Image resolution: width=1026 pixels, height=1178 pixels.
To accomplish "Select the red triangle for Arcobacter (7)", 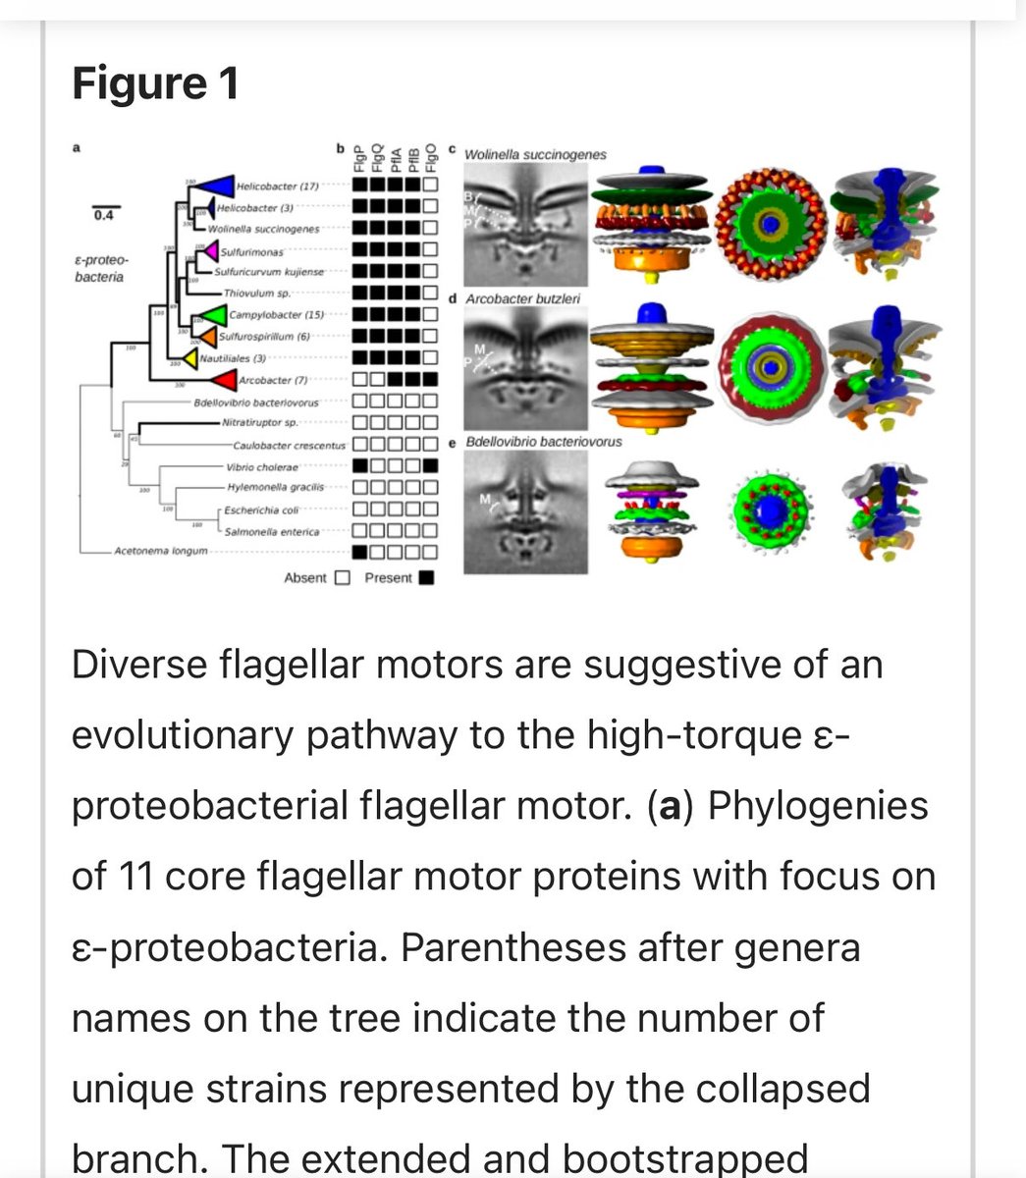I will pyautogui.click(x=222, y=380).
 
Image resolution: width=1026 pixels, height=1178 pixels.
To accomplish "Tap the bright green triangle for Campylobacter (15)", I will pyautogui.click(x=208, y=315).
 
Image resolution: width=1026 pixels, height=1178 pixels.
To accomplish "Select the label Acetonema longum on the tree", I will pyautogui.click(x=160, y=552).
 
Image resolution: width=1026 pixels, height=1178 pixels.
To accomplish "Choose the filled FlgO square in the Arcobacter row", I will pyautogui.click(x=429, y=379).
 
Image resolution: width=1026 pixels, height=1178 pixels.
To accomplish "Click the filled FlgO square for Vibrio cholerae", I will pyautogui.click(x=429, y=466).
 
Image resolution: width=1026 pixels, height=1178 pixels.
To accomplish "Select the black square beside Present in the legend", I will pyautogui.click(x=426, y=578).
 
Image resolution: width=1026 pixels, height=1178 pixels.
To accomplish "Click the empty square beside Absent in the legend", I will pyautogui.click(x=342, y=578).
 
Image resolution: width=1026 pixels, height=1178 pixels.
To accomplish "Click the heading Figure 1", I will pyautogui.click(x=155, y=84).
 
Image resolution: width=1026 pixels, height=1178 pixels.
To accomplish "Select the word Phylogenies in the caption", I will pyautogui.click(x=817, y=806).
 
